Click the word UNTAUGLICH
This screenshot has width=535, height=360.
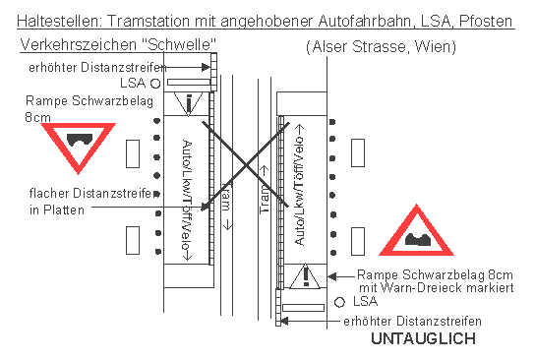tap(422, 339)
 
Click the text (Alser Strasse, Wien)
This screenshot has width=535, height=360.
tap(373, 47)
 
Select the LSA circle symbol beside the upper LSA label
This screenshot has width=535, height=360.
tap(154, 85)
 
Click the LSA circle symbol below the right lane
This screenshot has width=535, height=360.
tap(339, 301)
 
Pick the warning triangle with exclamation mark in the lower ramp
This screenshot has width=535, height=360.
tap(307, 275)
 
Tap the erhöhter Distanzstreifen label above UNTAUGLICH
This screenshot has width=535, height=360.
tap(412, 322)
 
